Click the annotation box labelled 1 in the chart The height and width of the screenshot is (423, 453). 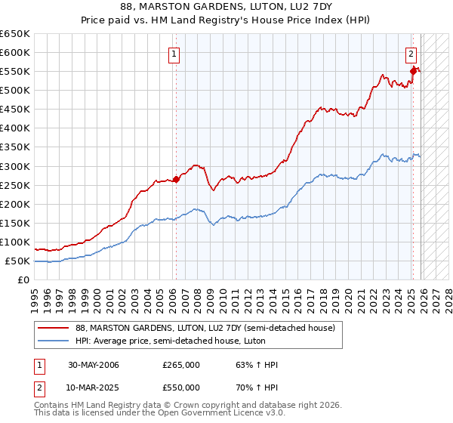(x=174, y=54)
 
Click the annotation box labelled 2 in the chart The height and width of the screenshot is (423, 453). (x=411, y=54)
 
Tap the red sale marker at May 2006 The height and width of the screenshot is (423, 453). (x=176, y=179)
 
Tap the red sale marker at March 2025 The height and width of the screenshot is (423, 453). (x=413, y=71)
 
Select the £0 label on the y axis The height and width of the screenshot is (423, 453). (x=24, y=280)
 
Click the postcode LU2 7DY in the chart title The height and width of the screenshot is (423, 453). (x=300, y=6)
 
